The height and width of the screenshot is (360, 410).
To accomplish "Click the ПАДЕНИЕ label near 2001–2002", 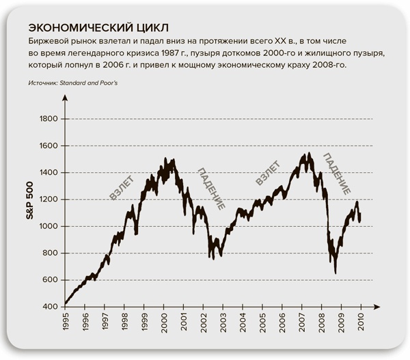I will tap(212, 189).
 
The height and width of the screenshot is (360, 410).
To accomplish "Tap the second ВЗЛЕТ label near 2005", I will tap(266, 174).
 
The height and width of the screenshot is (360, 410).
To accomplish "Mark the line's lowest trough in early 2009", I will tap(335, 273).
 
